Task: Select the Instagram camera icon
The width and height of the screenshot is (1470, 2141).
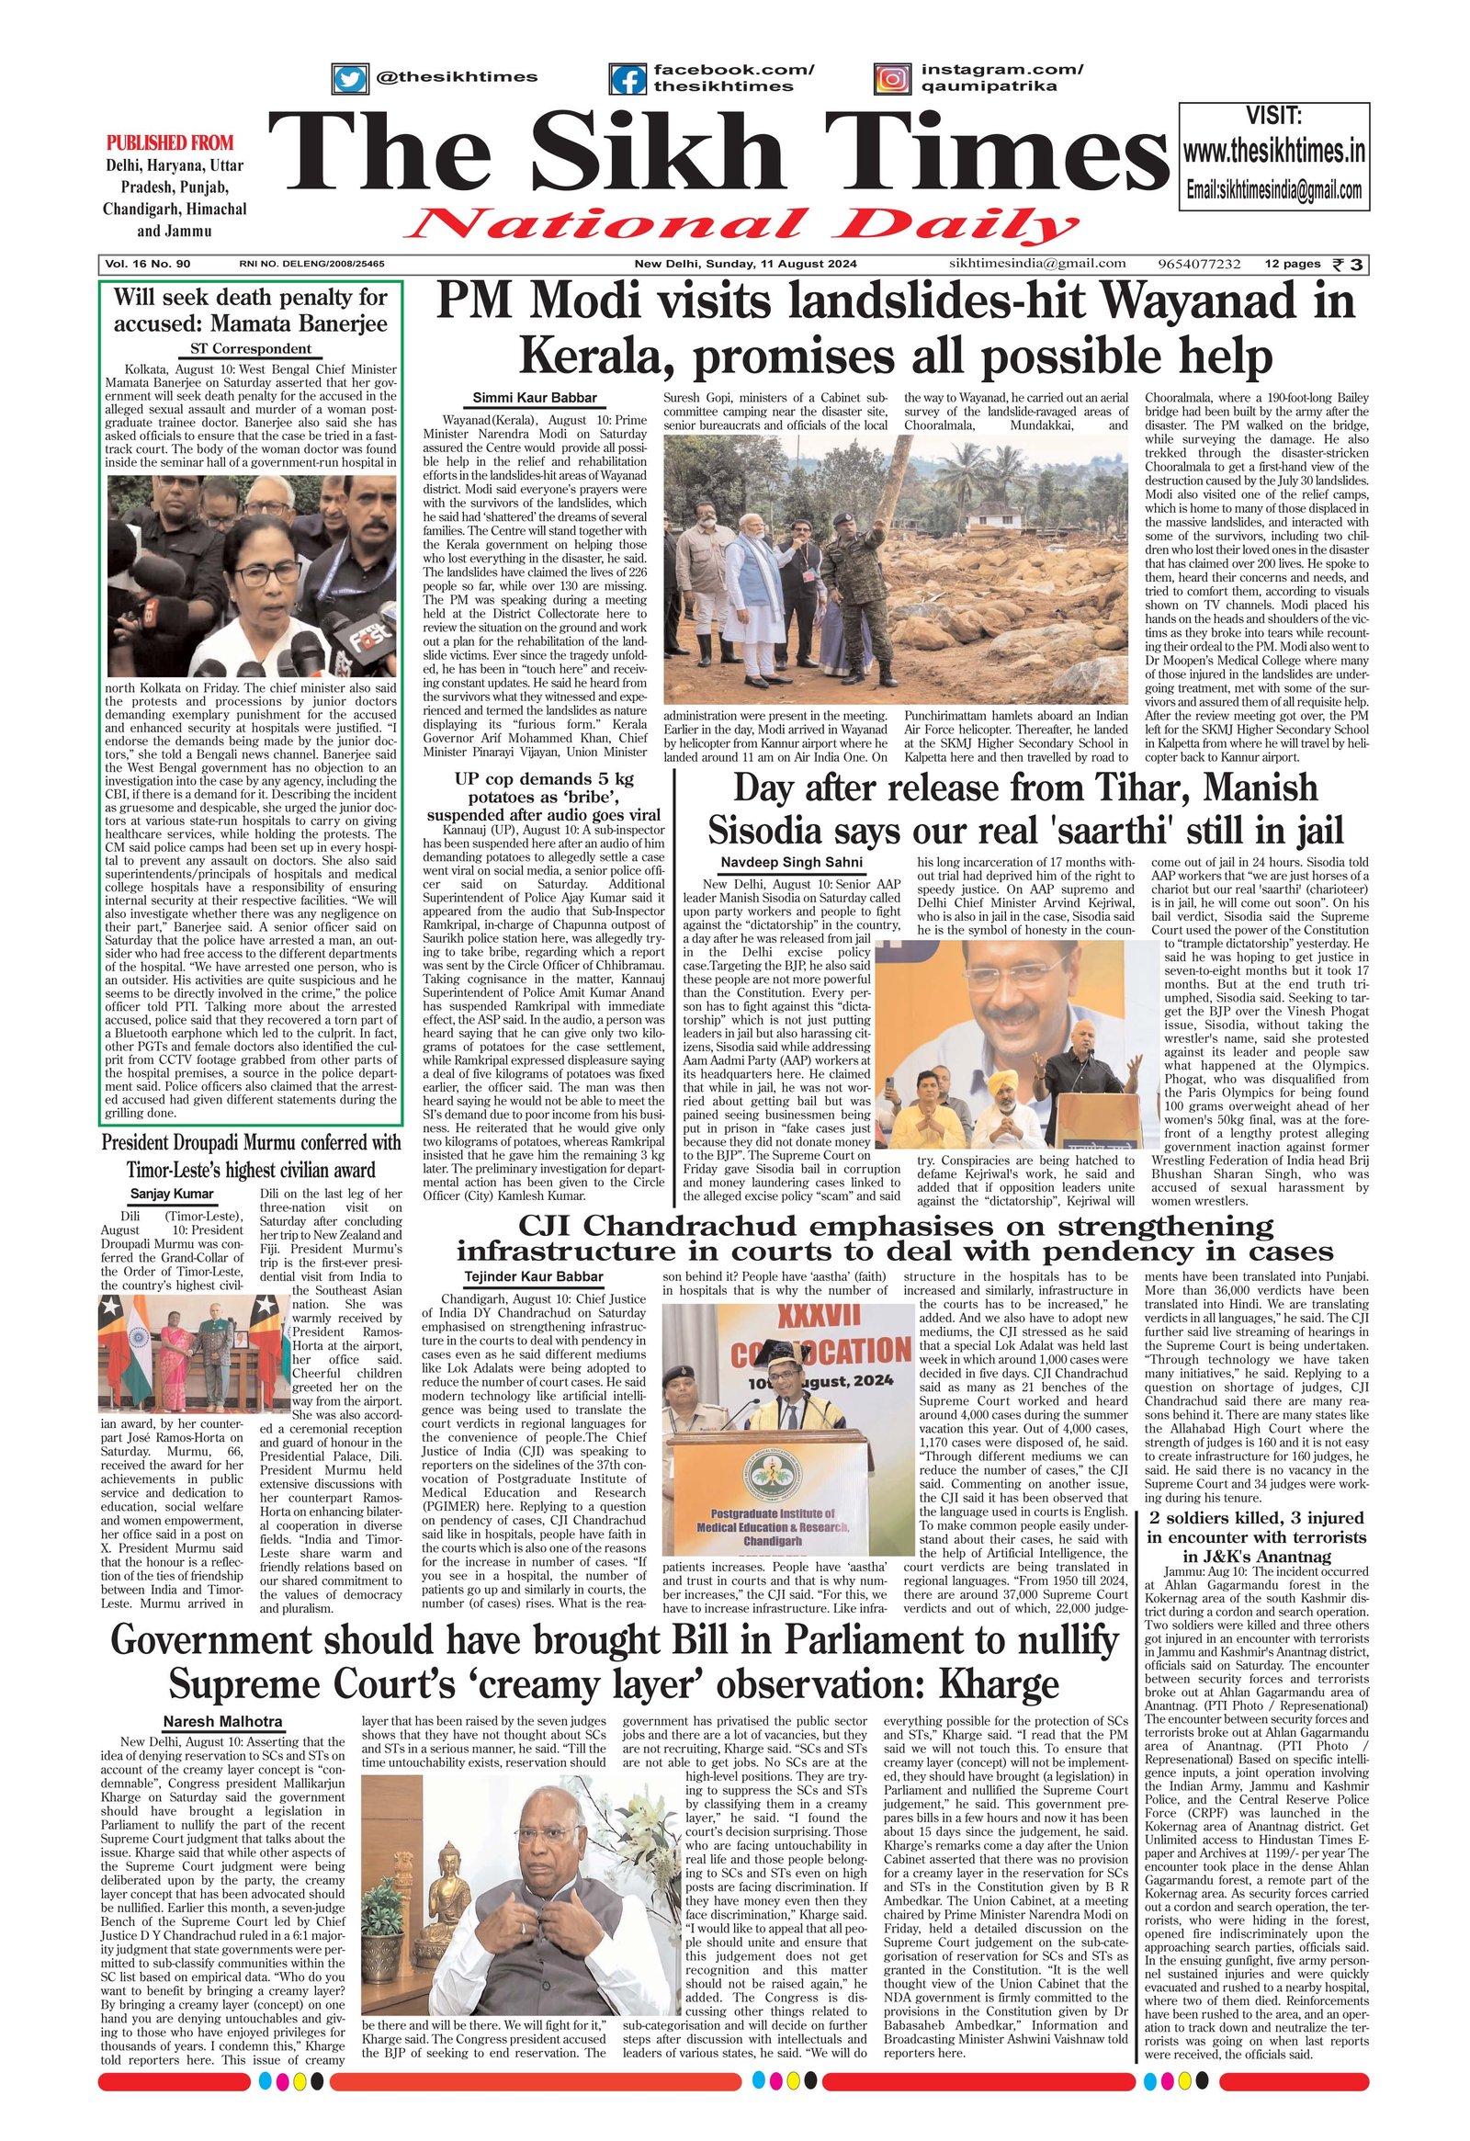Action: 891,79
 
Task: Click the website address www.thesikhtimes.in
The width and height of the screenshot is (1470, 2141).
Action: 1273,151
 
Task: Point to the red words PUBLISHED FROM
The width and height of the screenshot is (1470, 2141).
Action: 170,142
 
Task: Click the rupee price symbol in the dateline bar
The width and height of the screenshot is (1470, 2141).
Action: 1350,265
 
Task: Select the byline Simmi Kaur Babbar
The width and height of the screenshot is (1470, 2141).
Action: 534,398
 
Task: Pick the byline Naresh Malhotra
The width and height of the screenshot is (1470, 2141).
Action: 223,1722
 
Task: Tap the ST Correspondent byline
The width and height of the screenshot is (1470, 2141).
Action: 251,349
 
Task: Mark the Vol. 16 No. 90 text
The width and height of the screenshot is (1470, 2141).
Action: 148,265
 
